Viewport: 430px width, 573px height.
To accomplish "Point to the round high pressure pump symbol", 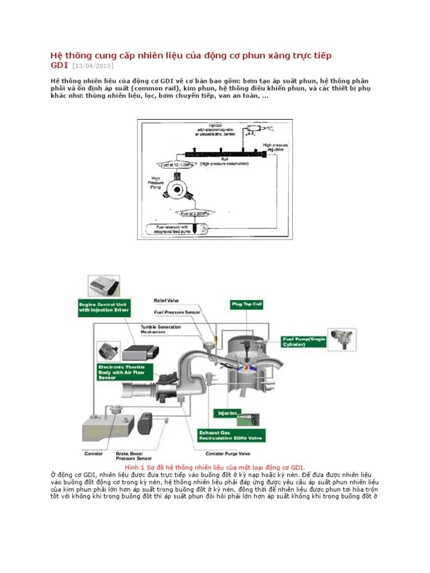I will [179, 190].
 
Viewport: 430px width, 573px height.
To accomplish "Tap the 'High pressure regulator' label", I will [275, 147].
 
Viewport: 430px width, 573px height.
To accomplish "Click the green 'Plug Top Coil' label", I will [247, 304].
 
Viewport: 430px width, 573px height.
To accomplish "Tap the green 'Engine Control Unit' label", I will [104, 307].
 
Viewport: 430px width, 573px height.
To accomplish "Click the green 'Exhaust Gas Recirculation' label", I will [232, 435].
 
